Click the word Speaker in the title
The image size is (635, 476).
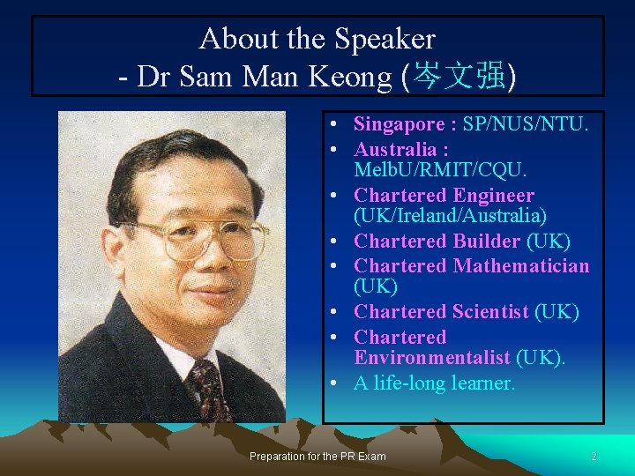pyautogui.click(x=385, y=39)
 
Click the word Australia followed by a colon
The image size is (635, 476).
pyautogui.click(x=399, y=150)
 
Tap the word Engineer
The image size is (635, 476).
pyautogui.click(x=494, y=196)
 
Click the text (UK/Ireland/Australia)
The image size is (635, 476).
pyautogui.click(x=450, y=215)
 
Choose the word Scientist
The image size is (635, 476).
pyautogui.click(x=490, y=311)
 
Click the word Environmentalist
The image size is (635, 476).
pyautogui.click(x=432, y=357)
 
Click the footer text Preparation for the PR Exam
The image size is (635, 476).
pyautogui.click(x=317, y=456)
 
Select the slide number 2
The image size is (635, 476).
pyautogui.click(x=594, y=456)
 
